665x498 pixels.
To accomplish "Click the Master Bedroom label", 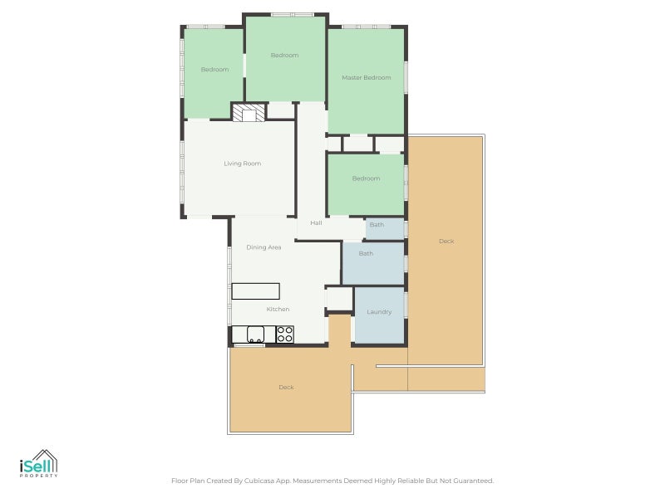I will (x=366, y=77).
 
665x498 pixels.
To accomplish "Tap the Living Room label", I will (x=242, y=164).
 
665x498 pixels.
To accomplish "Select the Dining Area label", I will (x=264, y=247).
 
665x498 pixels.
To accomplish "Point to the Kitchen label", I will (x=278, y=310).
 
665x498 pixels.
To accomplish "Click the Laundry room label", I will (x=379, y=312).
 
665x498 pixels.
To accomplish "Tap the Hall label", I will (x=316, y=223).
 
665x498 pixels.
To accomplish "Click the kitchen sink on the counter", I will (x=255, y=334).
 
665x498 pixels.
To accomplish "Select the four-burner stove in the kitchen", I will (x=284, y=334).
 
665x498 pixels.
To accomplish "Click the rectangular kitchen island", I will (x=255, y=290).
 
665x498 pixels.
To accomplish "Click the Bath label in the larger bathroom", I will (x=366, y=253).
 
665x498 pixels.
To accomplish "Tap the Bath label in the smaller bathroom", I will (x=377, y=225).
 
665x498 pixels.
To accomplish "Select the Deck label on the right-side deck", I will (x=446, y=242).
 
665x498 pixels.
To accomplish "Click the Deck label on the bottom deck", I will (x=286, y=388).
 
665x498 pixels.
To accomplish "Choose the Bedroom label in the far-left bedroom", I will (x=214, y=70).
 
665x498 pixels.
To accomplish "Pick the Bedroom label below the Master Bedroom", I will (x=366, y=178).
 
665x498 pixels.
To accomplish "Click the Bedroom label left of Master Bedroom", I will (x=284, y=56).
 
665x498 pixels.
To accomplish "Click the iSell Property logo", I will (x=38, y=464).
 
